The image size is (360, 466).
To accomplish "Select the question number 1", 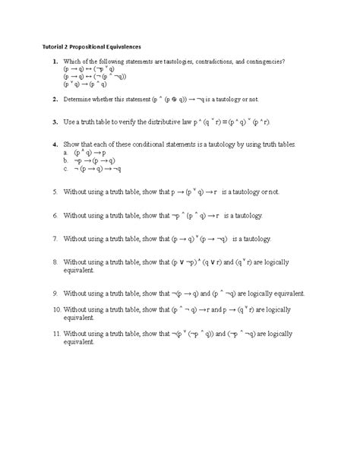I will [55, 60].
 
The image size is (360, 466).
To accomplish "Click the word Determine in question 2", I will [81, 100].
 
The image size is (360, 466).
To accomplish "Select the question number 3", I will [55, 122].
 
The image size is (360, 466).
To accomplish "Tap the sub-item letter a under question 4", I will [67, 152].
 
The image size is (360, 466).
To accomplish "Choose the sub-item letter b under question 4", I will [67, 161].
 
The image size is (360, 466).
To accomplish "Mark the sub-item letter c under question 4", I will [67, 170].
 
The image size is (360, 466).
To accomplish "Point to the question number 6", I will [55, 216].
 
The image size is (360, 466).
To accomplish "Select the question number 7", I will [55, 238].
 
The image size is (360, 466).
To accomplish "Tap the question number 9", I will [55, 293].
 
